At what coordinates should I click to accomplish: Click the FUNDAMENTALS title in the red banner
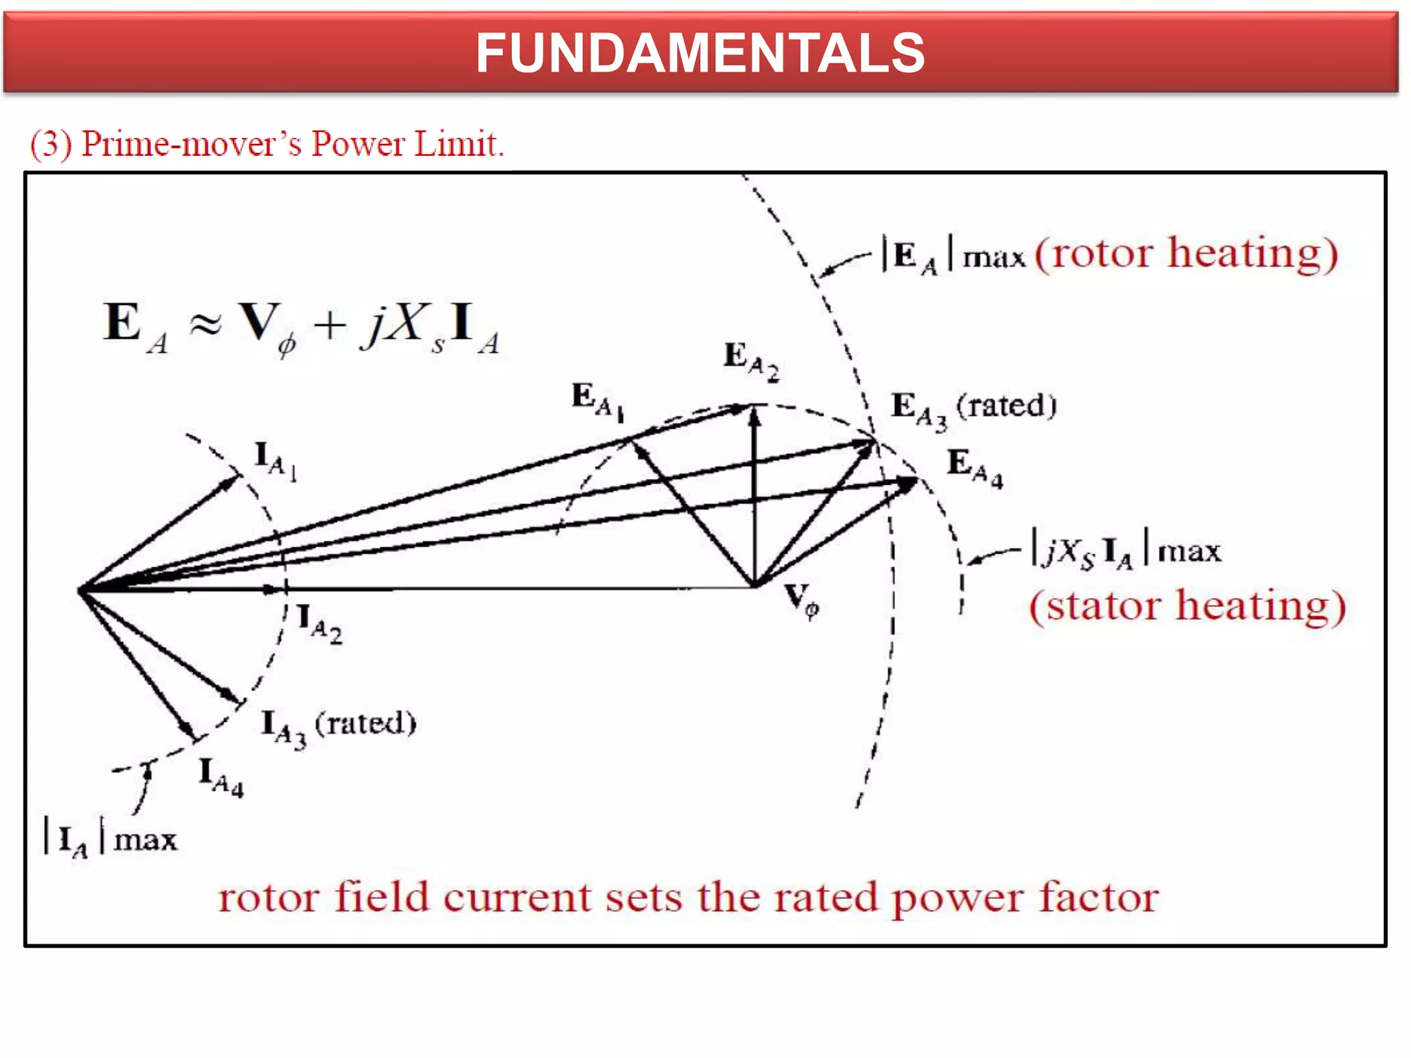pyautogui.click(x=700, y=54)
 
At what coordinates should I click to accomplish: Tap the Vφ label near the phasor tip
pyautogui.click(x=802, y=599)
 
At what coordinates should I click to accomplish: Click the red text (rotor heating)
pyautogui.click(x=1186, y=253)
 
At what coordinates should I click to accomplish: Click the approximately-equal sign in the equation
pyautogui.click(x=205, y=324)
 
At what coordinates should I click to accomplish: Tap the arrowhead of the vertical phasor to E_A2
pyautogui.click(x=755, y=415)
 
